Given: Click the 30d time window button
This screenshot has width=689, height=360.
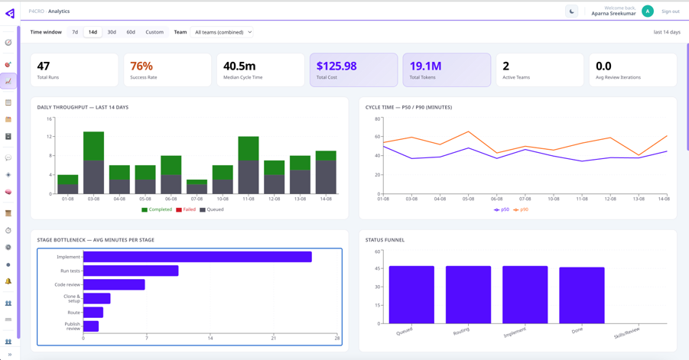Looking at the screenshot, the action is pyautogui.click(x=112, y=32).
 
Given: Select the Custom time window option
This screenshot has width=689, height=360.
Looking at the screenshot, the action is pyautogui.click(x=154, y=32).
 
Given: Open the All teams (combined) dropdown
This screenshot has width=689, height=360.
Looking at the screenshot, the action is pyautogui.click(x=222, y=32).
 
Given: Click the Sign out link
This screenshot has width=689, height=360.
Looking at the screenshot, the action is pyautogui.click(x=670, y=11).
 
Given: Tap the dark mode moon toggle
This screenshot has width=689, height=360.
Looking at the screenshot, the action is pyautogui.click(x=572, y=11).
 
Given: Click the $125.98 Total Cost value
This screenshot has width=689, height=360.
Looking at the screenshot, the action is pyautogui.click(x=336, y=66).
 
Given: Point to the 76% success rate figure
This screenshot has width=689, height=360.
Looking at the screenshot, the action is pyautogui.click(x=141, y=66).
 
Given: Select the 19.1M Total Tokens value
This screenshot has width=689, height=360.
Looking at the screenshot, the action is pyautogui.click(x=425, y=66).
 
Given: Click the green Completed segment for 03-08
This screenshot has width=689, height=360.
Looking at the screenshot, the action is pyautogui.click(x=93, y=146).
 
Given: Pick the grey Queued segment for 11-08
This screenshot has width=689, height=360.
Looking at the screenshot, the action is pyautogui.click(x=249, y=177).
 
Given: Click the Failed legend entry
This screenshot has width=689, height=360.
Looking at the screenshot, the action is pyautogui.click(x=186, y=209).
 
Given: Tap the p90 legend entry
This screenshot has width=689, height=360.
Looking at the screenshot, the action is pyautogui.click(x=521, y=210).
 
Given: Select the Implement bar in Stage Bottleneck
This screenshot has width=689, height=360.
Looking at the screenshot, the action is pyautogui.click(x=197, y=257).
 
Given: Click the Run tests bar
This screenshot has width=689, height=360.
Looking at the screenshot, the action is pyautogui.click(x=131, y=271).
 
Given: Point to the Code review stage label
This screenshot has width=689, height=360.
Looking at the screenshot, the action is pyautogui.click(x=67, y=284).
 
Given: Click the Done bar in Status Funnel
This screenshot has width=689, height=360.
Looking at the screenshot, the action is pyautogui.click(x=582, y=296).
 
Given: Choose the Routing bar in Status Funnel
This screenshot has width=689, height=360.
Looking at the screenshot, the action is pyautogui.click(x=469, y=295).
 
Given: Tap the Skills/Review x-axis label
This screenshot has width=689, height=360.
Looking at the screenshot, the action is pyautogui.click(x=627, y=332).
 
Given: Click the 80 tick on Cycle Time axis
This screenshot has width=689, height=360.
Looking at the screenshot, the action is pyautogui.click(x=378, y=118).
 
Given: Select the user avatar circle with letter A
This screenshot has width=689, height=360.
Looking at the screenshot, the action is pyautogui.click(x=647, y=11).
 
